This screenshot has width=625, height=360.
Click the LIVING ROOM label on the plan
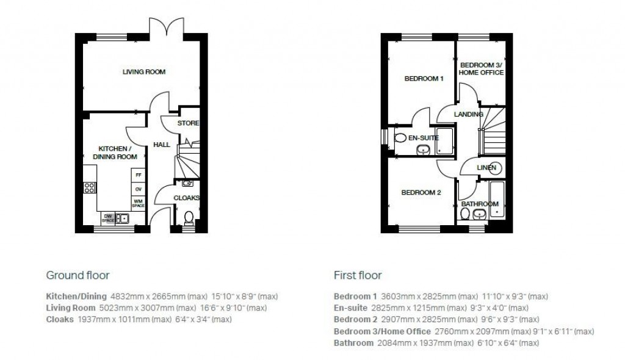pos(144,72)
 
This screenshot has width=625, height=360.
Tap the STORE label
pos(188,123)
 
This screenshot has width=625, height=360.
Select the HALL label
pos(161,145)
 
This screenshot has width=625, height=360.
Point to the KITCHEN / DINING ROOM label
pos(114,153)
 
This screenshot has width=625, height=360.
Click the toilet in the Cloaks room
pos(188,217)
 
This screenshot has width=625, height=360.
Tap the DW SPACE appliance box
pos(108,218)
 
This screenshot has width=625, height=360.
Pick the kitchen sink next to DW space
pos(123,218)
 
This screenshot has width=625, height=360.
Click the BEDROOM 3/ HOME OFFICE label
pos(482,68)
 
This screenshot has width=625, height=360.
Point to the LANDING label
pos(468,114)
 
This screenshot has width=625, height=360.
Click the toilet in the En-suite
pos(400,139)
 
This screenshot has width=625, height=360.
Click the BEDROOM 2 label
pos(421,193)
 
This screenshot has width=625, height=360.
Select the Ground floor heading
pos(78,275)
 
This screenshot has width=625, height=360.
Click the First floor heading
pos(357,275)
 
